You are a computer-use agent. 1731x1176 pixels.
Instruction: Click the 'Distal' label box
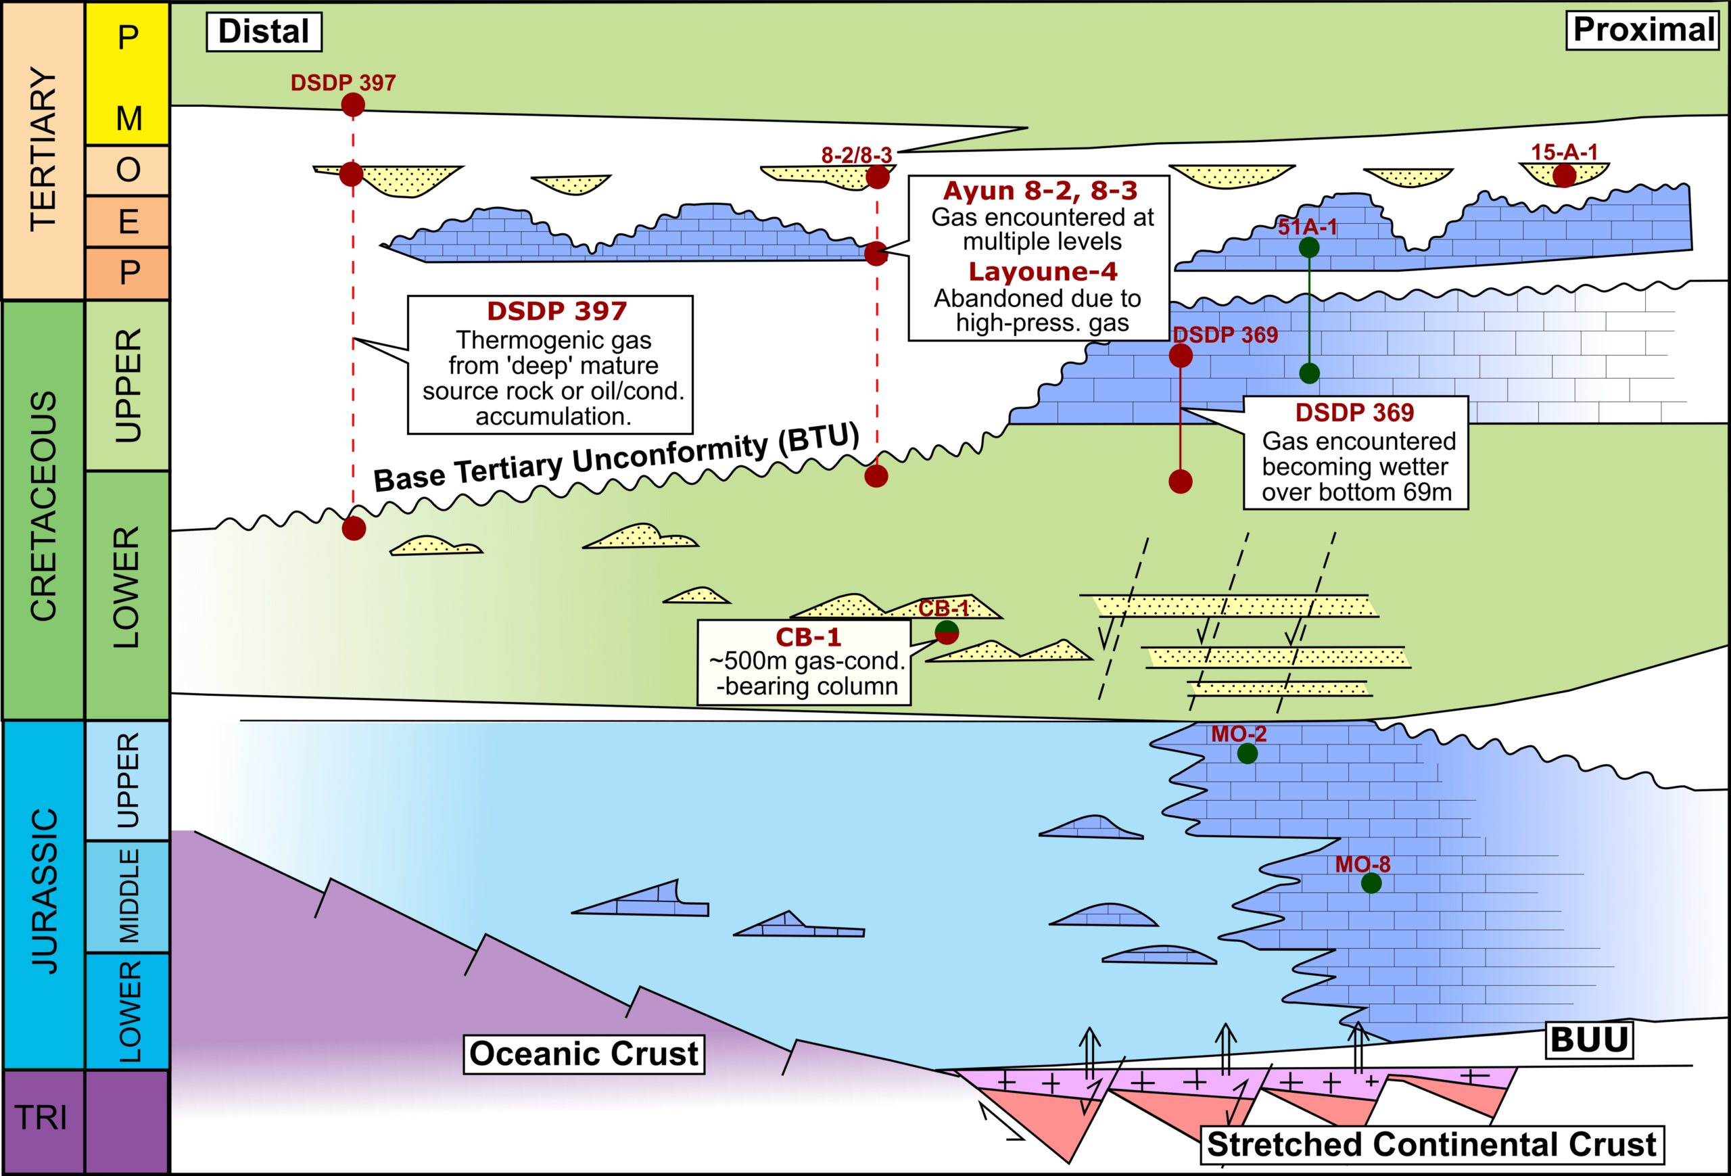point(264,32)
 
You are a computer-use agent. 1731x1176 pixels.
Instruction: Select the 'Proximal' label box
point(1643,30)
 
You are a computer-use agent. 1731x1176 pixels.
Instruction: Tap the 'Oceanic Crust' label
point(584,1054)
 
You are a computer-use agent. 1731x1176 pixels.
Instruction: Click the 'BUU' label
point(1590,1039)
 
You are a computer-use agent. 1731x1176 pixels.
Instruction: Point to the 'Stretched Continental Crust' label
point(1431,1145)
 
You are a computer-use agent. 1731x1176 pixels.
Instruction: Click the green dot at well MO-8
point(1371,883)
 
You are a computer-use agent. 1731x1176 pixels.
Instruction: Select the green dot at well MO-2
point(1248,754)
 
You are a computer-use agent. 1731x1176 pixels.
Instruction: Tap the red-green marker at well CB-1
point(947,632)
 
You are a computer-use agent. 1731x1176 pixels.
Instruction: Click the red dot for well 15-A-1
point(1564,176)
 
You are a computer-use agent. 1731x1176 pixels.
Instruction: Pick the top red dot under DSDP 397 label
point(353,105)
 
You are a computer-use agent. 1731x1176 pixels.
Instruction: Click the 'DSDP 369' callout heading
point(1354,413)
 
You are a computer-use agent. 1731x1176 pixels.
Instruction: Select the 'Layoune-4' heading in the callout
point(1043,272)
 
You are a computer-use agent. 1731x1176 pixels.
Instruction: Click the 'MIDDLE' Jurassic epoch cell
point(128,896)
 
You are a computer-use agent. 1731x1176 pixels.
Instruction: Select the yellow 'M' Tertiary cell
point(128,118)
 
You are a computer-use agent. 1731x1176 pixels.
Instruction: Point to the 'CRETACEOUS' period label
point(43,507)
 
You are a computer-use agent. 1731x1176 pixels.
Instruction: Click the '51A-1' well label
point(1307,227)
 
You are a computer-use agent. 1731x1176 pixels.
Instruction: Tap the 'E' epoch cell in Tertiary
point(128,221)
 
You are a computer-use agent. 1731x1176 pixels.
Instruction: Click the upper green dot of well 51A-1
point(1308,248)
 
